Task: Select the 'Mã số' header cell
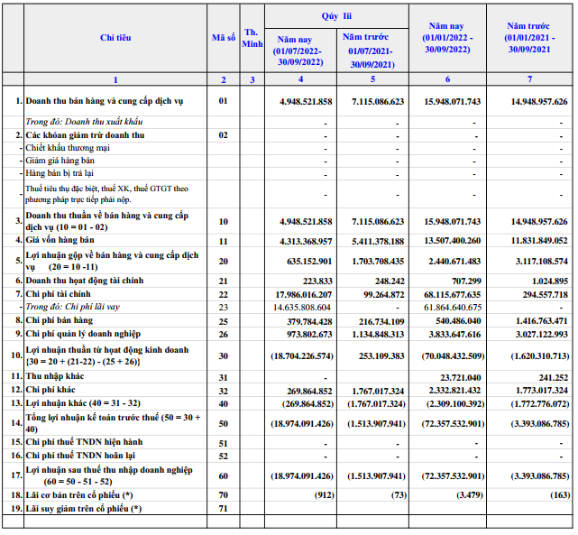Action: pyautogui.click(x=223, y=38)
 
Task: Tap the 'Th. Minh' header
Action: pyautogui.click(x=252, y=38)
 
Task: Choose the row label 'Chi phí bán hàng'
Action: pyautogui.click(x=60, y=320)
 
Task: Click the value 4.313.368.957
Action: pyautogui.click(x=307, y=242)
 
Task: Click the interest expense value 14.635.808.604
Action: pyautogui.click(x=297, y=307)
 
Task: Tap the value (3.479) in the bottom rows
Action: pyautogui.click(x=466, y=495)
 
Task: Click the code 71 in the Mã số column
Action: pyautogui.click(x=223, y=510)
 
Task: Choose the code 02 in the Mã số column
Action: pyautogui.click(x=223, y=134)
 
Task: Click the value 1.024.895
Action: pyautogui.click(x=546, y=281)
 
